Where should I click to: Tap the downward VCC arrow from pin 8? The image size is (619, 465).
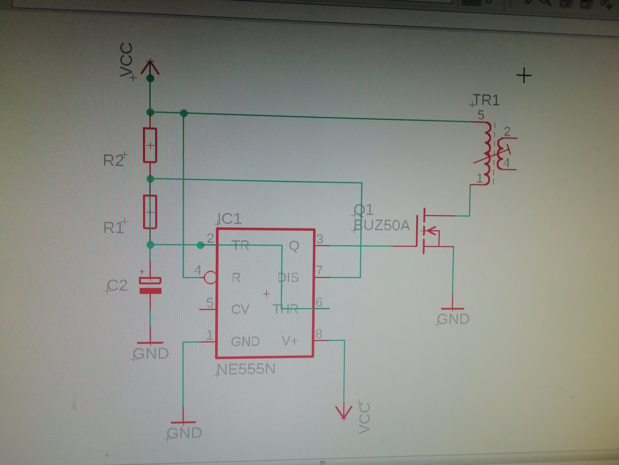tap(344, 412)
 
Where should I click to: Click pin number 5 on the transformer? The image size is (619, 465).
tap(481, 115)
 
